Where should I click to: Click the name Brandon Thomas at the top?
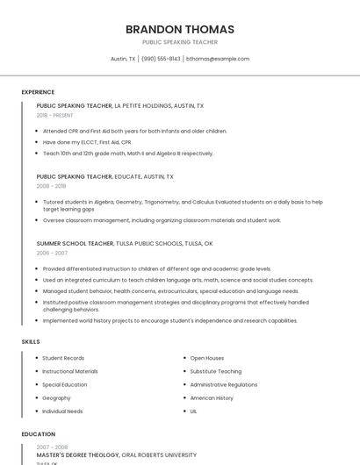(180, 29)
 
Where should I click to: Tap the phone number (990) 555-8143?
(161, 59)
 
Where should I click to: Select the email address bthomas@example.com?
(218, 59)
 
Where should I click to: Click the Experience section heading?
(38, 92)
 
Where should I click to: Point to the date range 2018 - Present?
(54, 115)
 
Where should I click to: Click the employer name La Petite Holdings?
(146, 105)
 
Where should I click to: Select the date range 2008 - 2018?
(51, 186)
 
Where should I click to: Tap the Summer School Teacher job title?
(75, 243)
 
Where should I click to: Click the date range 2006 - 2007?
(52, 253)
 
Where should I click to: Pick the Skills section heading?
(31, 340)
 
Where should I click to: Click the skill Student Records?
(63, 358)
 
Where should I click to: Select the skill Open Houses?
(207, 358)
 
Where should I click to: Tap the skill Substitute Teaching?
(216, 371)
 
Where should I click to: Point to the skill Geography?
(56, 397)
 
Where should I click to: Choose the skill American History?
(212, 397)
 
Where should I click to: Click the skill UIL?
(194, 411)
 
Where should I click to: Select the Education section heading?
(39, 434)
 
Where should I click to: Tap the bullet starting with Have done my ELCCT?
(87, 141)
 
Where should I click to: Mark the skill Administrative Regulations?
(224, 384)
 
